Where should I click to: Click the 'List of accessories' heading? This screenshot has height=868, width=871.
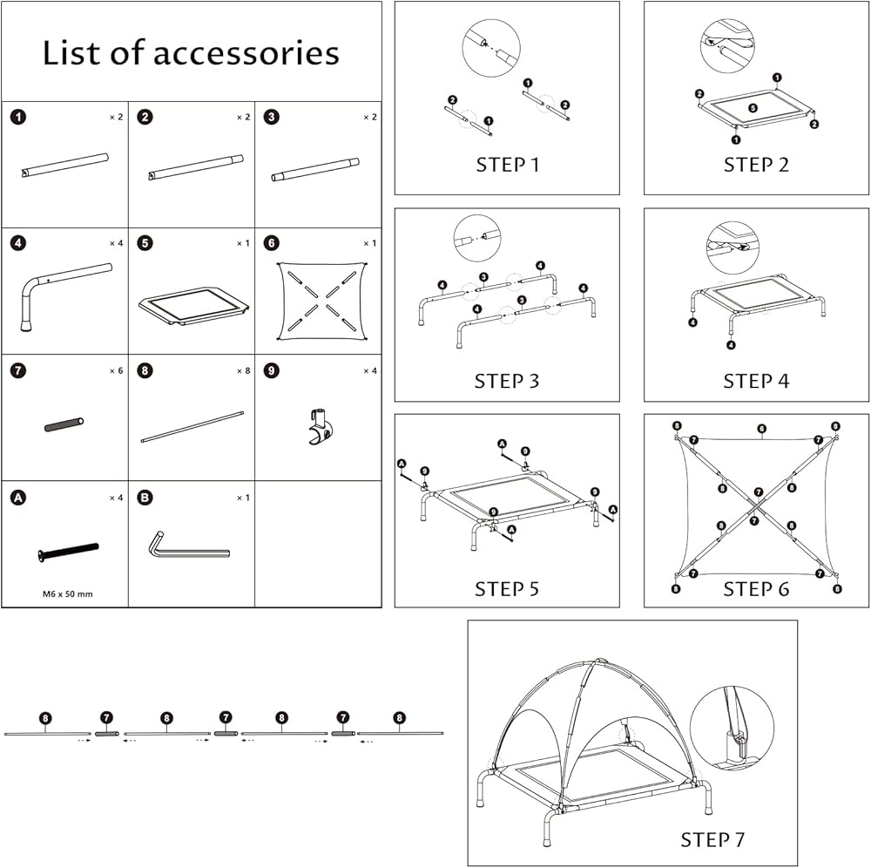191,53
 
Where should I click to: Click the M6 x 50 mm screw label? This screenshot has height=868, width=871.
68,594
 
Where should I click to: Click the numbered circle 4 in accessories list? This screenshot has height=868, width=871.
19,243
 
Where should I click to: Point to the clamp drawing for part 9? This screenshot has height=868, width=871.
321,425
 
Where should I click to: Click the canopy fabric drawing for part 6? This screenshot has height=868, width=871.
321,301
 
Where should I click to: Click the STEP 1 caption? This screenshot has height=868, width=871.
507,166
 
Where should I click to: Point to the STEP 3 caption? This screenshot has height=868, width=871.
507,381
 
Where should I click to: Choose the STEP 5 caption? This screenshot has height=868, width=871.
507,589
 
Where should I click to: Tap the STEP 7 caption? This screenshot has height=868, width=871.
712,840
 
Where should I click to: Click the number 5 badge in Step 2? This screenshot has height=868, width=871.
753,108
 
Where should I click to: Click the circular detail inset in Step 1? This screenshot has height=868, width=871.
490,47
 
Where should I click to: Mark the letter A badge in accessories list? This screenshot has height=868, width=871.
17,498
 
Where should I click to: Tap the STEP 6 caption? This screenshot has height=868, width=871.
756,589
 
